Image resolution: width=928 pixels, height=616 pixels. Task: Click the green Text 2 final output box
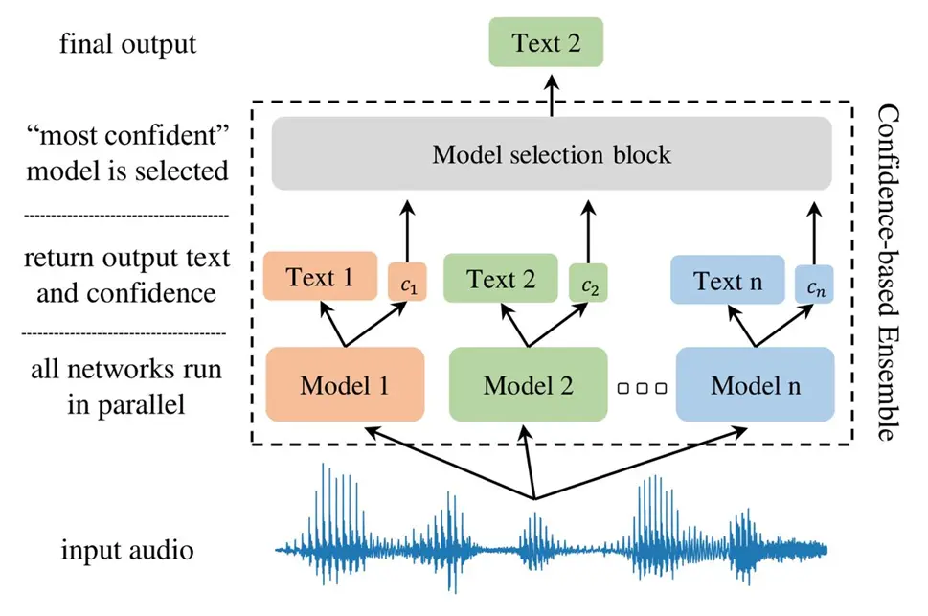(x=546, y=42)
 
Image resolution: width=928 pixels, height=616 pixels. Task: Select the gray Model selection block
(x=552, y=153)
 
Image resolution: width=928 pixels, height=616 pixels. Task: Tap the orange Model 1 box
(x=345, y=384)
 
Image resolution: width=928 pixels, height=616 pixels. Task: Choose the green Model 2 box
(x=528, y=384)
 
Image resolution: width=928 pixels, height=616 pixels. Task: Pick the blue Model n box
(x=756, y=384)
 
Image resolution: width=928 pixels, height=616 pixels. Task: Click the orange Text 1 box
(x=320, y=276)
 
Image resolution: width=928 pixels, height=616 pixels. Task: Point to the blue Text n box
(x=728, y=280)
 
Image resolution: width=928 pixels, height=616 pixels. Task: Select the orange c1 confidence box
(x=407, y=282)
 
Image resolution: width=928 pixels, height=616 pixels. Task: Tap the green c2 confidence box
(x=588, y=284)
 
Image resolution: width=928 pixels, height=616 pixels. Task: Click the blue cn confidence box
(x=814, y=285)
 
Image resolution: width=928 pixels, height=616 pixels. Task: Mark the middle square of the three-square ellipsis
(x=643, y=389)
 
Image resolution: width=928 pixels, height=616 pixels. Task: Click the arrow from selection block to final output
(x=552, y=96)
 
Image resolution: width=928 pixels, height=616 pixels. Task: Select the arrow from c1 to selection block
(x=407, y=232)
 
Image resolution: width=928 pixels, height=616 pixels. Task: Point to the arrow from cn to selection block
(x=814, y=234)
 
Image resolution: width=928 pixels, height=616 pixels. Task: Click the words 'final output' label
(x=127, y=44)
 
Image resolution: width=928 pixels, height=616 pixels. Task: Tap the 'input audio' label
(x=127, y=550)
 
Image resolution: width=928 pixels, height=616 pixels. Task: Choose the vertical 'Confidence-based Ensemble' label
(x=888, y=273)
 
